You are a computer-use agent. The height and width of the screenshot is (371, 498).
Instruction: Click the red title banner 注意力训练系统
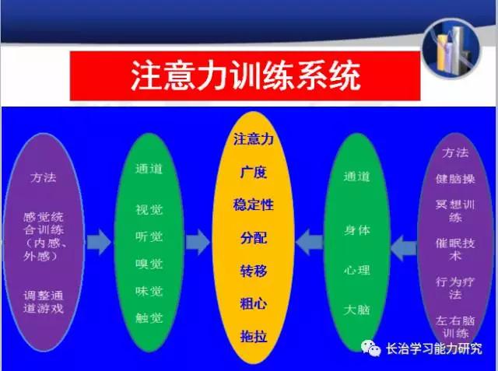coord(245,76)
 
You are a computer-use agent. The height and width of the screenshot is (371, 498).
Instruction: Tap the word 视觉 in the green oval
coord(149,210)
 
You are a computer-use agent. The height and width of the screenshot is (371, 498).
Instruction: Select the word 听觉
coord(149,236)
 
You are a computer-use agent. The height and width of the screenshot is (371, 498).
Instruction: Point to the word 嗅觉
coord(149,264)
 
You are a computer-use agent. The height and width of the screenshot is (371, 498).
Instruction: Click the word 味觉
coord(149,291)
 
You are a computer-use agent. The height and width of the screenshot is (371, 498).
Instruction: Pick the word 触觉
coord(149,317)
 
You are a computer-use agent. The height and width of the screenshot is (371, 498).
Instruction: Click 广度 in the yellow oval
coord(254,173)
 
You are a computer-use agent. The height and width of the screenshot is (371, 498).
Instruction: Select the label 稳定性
coord(254,205)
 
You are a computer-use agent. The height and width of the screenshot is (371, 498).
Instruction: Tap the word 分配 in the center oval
coord(254,238)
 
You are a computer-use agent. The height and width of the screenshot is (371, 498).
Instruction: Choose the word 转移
coord(254,271)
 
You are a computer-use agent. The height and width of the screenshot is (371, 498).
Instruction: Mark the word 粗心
coord(254,303)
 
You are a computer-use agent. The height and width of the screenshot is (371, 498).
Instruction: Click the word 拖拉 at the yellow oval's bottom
coord(254,337)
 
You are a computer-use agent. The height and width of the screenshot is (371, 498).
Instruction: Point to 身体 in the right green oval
coord(357,230)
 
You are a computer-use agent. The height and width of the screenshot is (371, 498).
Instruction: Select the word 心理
coord(357,270)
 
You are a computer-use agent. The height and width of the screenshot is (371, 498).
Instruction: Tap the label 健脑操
coord(455,179)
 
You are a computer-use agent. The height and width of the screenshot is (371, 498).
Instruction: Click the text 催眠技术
coord(455,250)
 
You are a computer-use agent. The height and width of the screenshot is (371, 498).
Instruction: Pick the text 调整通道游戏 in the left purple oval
coord(44,302)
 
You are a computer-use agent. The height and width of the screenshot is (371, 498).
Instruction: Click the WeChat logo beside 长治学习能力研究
coord(370,348)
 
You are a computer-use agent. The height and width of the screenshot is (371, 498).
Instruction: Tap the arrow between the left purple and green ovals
coord(99,242)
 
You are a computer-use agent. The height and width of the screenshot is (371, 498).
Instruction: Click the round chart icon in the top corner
coord(451,48)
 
